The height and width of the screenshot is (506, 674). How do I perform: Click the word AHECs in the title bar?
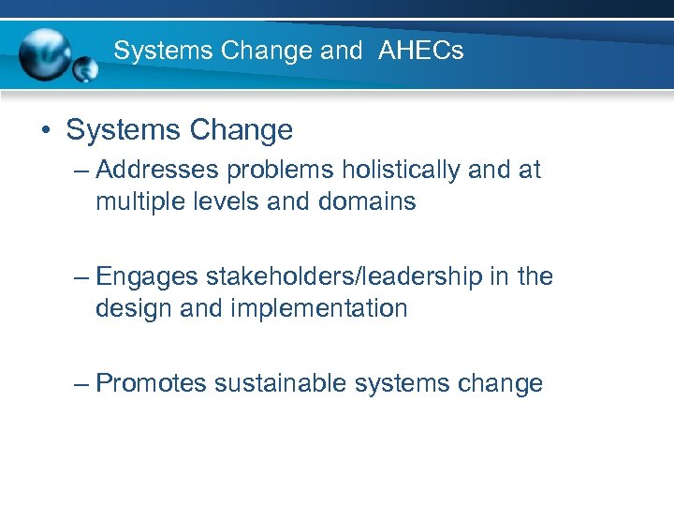tap(421, 51)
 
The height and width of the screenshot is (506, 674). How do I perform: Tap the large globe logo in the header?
tap(46, 52)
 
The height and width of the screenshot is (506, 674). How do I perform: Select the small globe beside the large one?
tap(85, 68)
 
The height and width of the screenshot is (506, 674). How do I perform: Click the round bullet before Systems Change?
tap(46, 130)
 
